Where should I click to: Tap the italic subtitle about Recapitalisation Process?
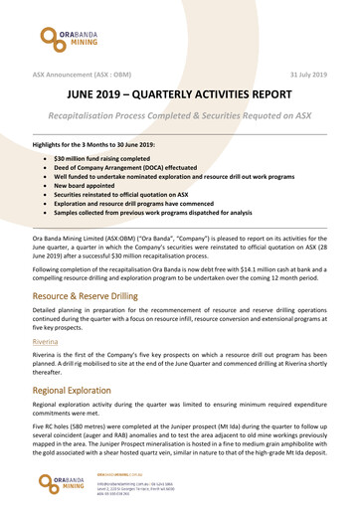[179, 119]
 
